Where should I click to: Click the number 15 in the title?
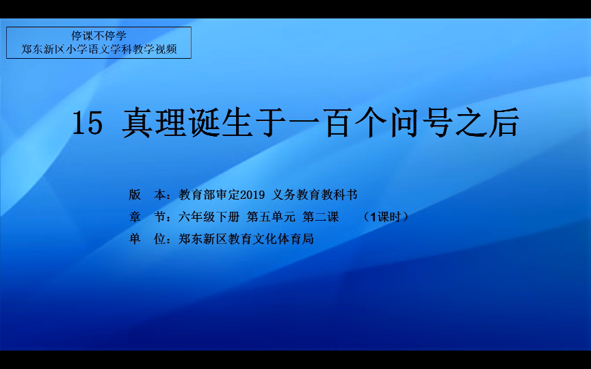88,123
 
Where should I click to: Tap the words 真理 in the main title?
153,123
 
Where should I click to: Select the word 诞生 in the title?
218,123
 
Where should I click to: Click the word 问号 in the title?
422,123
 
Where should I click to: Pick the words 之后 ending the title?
487,123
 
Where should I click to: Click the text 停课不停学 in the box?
98,36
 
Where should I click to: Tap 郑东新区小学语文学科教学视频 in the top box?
98,49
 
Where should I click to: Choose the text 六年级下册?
209,217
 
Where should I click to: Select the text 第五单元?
271,217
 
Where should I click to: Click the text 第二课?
320,217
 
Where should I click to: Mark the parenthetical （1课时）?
385,217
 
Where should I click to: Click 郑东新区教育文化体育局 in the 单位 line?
246,238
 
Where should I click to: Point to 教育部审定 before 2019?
209,195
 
